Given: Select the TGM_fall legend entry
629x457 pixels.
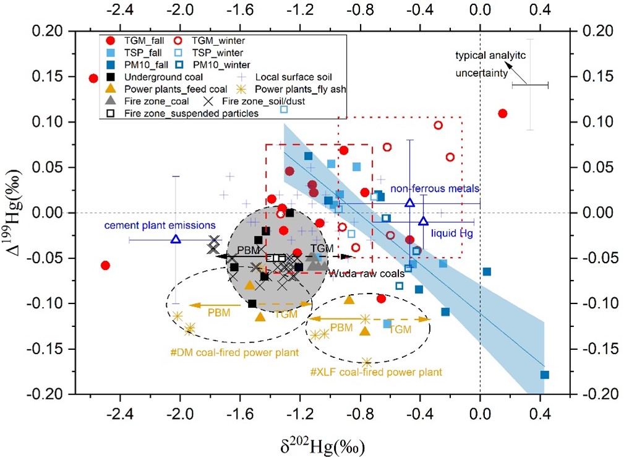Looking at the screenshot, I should coord(139,42).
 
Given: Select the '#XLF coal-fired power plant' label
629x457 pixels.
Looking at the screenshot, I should coord(376,373).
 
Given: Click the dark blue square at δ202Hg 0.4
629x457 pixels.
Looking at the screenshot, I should coord(545,375).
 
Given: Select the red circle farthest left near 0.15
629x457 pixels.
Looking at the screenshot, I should coord(93,79).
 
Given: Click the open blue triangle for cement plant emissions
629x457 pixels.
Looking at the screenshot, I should coord(176,239).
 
